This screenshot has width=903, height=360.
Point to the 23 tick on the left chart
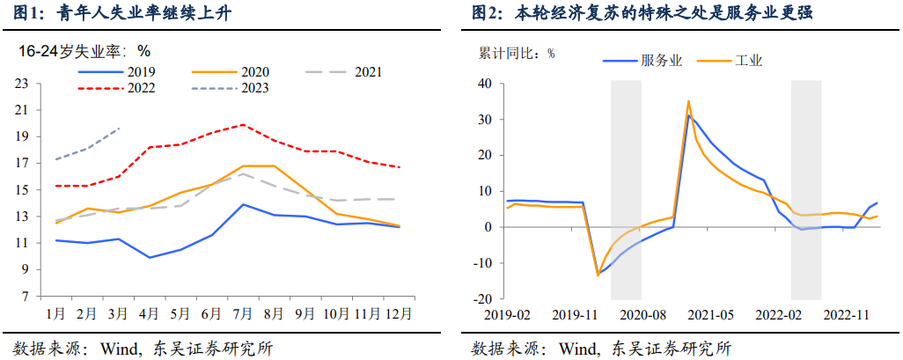coord(21,84)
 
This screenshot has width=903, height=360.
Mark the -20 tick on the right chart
coord(482,299)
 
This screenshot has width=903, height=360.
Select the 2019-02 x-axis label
coord(506,313)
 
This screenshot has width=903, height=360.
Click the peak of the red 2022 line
coord(243,124)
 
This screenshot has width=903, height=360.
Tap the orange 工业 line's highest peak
coord(688,100)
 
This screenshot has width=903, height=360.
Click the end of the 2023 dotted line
coord(119,129)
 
